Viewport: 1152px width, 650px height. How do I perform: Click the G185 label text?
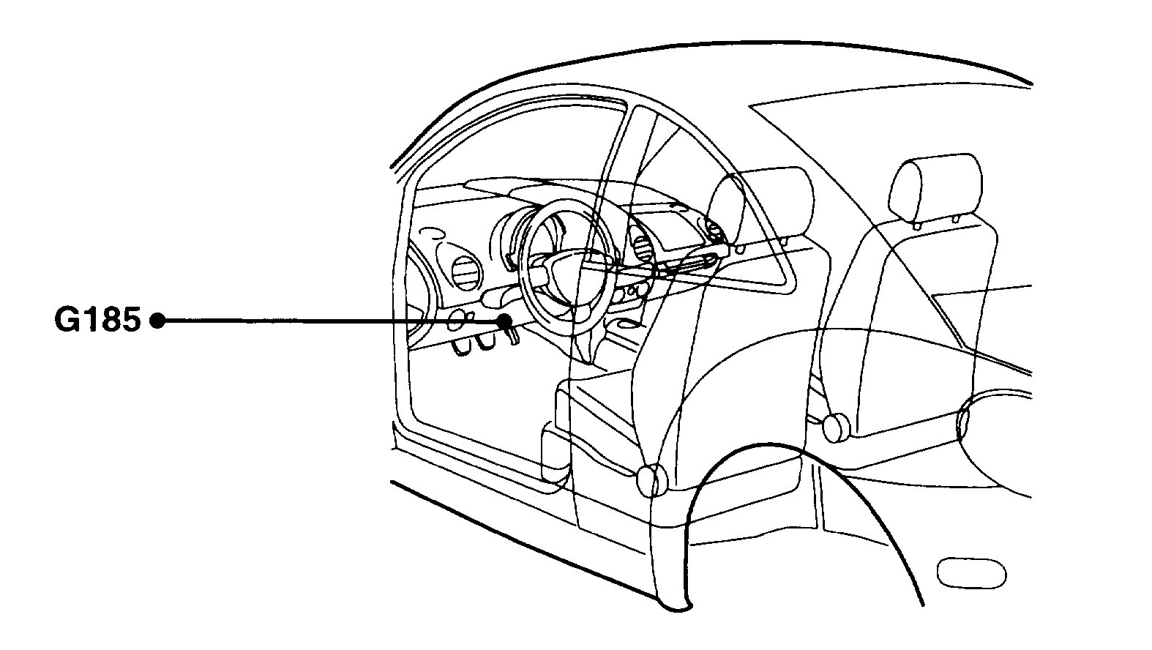(97, 321)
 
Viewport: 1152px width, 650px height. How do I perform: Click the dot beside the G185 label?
(157, 321)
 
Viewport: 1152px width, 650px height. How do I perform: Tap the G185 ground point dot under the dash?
(505, 321)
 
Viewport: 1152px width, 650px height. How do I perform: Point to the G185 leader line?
(329, 321)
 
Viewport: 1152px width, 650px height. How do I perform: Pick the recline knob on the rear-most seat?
(834, 427)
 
